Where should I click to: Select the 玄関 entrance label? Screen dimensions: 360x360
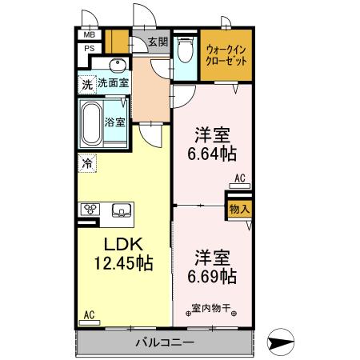tap(158, 42)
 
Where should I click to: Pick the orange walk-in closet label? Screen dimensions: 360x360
tap(226, 55)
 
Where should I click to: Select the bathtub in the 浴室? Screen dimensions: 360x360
tap(90, 123)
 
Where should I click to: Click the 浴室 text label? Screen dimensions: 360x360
tap(115, 122)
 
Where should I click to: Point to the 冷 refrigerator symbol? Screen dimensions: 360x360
tap(86, 162)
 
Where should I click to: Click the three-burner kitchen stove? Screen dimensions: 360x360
tap(89, 210)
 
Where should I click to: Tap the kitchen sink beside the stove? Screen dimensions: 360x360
tap(122, 210)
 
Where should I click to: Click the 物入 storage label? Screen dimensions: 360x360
tap(239, 210)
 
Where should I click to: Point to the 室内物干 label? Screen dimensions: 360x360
tap(211, 306)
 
